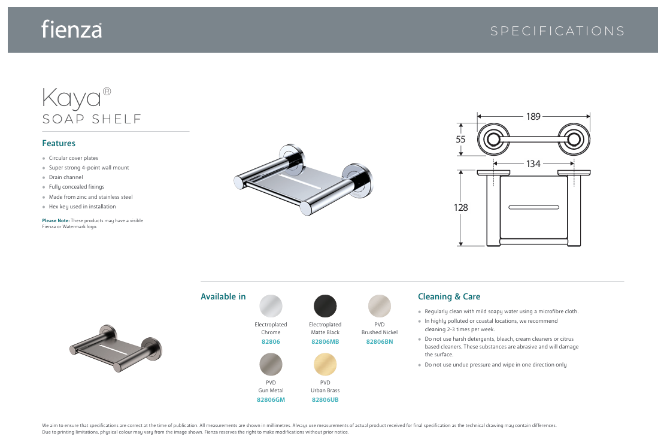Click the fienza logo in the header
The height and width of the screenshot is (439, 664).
tap(72, 29)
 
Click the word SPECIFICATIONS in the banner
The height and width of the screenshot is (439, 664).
tap(557, 31)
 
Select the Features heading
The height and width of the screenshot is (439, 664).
tap(59, 143)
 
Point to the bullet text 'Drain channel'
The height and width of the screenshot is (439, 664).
tap(66, 177)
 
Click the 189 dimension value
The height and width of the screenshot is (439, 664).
tap(533, 116)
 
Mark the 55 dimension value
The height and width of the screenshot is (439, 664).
tap(460, 139)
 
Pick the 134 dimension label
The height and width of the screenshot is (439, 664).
tap(533, 164)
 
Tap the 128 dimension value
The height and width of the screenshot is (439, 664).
tap(460, 208)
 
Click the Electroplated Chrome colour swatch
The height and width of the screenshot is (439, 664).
tap(271, 306)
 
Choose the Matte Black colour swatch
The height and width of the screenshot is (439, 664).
tap(325, 306)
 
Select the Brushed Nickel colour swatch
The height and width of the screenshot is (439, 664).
tap(380, 306)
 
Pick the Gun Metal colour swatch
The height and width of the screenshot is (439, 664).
tap(271, 364)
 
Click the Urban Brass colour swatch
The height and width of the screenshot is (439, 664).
tap(325, 364)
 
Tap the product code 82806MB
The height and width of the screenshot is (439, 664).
tap(325, 342)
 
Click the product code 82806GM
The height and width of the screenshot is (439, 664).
tap(271, 399)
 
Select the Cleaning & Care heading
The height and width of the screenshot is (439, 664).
tap(449, 296)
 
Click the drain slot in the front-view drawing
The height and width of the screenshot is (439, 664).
tap(533, 207)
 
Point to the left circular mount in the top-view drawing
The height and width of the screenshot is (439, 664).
tap(493, 140)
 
